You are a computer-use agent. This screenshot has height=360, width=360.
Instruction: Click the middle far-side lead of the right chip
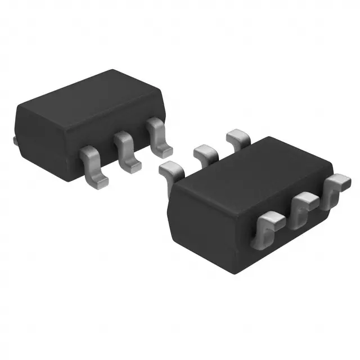tap(206, 152)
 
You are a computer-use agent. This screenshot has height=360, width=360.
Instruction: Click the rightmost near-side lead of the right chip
tap(338, 188)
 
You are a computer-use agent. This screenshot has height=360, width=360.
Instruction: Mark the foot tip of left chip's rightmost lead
tap(164, 150)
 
